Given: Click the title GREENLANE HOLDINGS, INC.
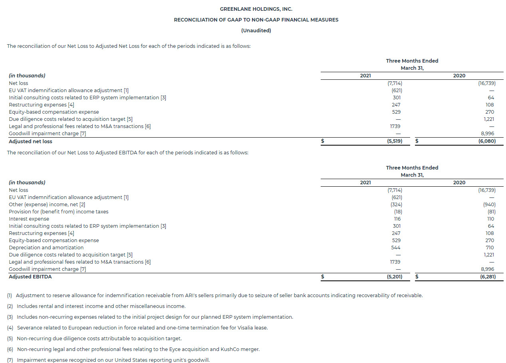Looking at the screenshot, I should click(256, 9).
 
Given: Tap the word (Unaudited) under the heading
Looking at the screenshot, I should click(256, 30).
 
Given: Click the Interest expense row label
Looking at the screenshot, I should click(29, 219).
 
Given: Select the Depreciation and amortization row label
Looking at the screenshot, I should click(46, 247).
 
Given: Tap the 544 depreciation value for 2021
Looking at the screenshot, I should click(396, 247).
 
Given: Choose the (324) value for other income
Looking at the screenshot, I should click(397, 204).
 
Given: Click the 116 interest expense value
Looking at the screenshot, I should click(397, 219).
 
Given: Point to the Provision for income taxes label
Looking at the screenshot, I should click(59, 211).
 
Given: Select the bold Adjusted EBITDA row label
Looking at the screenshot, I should click(30, 276).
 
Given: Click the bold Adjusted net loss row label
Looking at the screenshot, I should click(30, 141).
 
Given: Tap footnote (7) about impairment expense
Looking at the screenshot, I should click(108, 360).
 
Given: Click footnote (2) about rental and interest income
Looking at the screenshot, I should click(96, 306).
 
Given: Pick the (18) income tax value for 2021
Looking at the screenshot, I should click(398, 211).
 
